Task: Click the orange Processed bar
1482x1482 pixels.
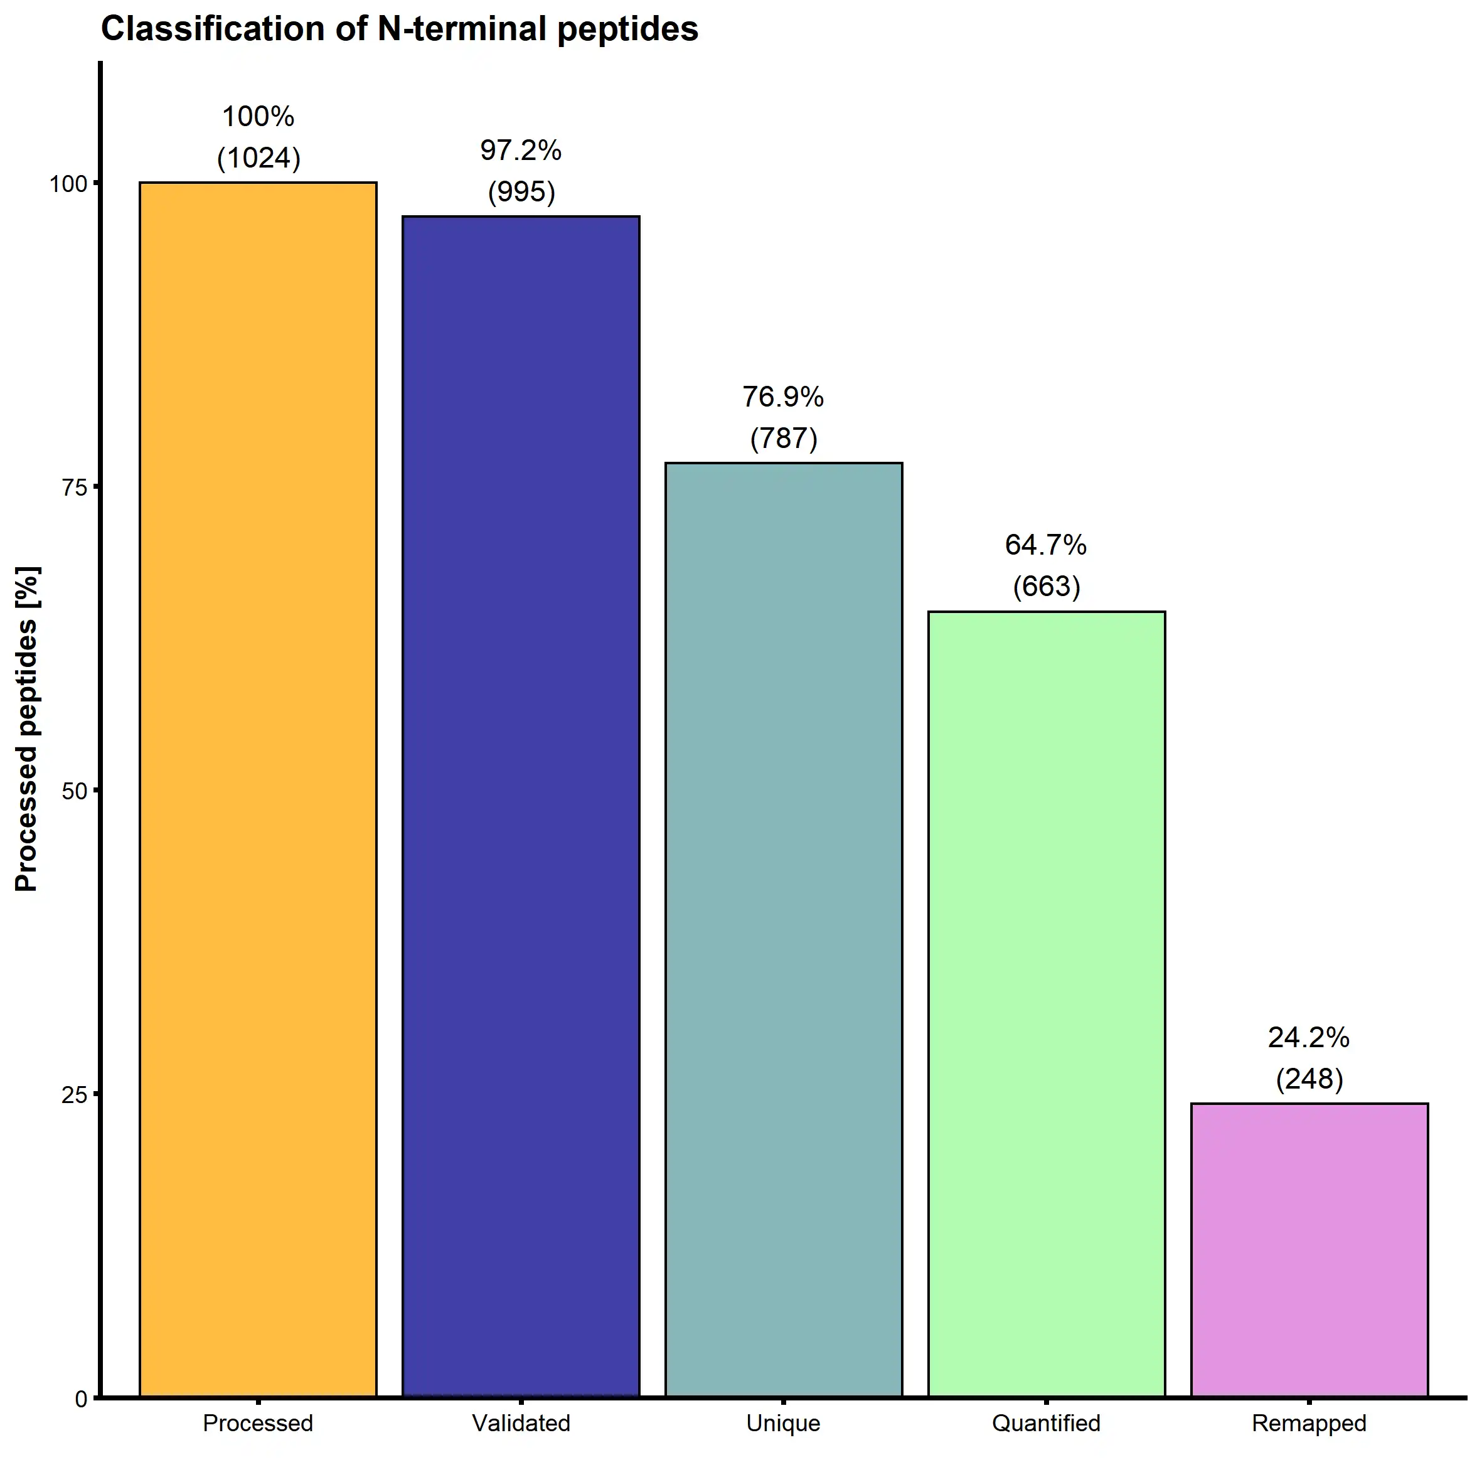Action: coord(258,790)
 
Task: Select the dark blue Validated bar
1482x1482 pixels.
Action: coord(521,806)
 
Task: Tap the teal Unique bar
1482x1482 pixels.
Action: coord(783,928)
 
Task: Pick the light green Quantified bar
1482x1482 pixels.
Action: coord(1047,1005)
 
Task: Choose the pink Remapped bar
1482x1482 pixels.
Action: coord(1309,1250)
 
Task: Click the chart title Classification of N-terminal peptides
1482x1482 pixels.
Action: coord(400,29)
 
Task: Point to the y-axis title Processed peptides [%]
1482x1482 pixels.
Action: coord(27,728)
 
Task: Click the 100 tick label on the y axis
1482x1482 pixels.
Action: coord(68,183)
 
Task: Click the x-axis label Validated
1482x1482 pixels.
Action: coord(521,1424)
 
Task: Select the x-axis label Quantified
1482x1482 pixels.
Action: coord(1047,1424)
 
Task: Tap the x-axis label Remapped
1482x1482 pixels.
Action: coord(1309,1424)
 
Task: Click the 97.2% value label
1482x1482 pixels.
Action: coord(521,151)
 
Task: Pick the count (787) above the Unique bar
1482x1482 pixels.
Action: coord(783,438)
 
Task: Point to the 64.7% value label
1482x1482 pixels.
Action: coord(1047,545)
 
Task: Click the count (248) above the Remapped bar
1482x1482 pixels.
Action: coord(1309,1079)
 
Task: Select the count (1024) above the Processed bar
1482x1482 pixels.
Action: coord(259,158)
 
